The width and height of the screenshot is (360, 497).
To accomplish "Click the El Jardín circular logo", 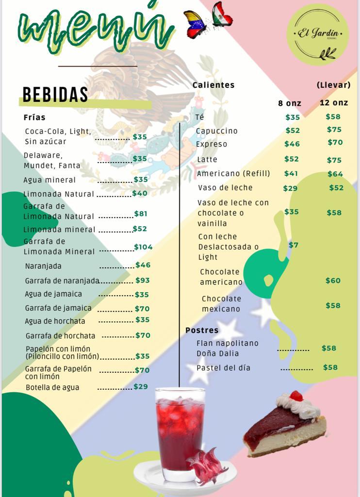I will pyautogui.click(x=318, y=34).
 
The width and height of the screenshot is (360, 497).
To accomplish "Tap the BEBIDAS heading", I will pyautogui.click(x=55, y=95).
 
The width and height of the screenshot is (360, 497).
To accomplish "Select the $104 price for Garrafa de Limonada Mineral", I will pyautogui.click(x=143, y=247).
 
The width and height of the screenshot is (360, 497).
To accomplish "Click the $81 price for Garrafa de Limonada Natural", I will pyautogui.click(x=141, y=214).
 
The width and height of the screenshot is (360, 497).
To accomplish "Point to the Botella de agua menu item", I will pyautogui.click(x=52, y=387).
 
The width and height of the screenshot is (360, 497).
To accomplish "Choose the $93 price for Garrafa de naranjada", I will pyautogui.click(x=143, y=280).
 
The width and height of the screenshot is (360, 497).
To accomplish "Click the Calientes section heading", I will pyautogui.click(x=213, y=85).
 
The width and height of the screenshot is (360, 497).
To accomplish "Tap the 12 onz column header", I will pyautogui.click(x=334, y=102).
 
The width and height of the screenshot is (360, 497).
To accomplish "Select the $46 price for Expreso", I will pyautogui.click(x=292, y=144).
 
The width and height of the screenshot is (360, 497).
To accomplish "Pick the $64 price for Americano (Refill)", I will pyautogui.click(x=335, y=174).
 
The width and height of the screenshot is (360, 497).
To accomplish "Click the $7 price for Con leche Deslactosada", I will pyautogui.click(x=294, y=245).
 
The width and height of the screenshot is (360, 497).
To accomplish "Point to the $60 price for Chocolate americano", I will pyautogui.click(x=333, y=281).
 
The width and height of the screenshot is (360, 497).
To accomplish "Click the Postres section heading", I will pyautogui.click(x=202, y=330).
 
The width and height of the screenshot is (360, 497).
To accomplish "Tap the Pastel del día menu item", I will pyautogui.click(x=224, y=368).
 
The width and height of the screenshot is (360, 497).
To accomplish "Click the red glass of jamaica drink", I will pyautogui.click(x=180, y=432).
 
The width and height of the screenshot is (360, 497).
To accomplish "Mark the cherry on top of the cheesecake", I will pyautogui.click(x=296, y=396).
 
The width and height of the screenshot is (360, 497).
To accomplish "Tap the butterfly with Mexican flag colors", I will pyautogui.click(x=222, y=15).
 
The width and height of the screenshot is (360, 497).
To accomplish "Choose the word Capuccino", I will pyautogui.click(x=217, y=131).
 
